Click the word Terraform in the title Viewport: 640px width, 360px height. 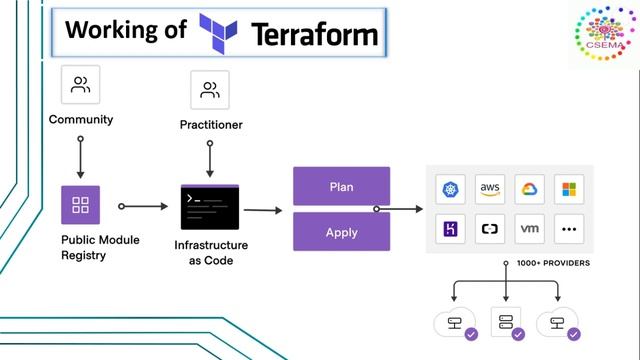(x=315, y=33)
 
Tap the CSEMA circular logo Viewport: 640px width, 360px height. (x=603, y=35)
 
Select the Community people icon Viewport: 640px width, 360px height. (x=80, y=86)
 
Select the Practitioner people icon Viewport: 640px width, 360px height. (x=210, y=90)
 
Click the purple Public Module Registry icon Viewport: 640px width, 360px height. (x=80, y=206)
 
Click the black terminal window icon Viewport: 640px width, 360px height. (x=210, y=207)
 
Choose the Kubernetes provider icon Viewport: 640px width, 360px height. (x=450, y=190)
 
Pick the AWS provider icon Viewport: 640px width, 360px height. (x=490, y=190)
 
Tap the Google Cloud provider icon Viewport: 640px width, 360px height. (x=530, y=190)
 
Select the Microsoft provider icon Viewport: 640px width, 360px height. (x=569, y=190)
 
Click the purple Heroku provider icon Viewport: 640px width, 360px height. (x=450, y=229)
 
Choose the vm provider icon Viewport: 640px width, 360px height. (x=530, y=229)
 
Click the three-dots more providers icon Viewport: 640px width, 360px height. (x=569, y=229)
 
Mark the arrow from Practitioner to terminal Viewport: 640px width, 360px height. (x=210, y=157)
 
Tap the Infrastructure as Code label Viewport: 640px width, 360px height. (x=211, y=252)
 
